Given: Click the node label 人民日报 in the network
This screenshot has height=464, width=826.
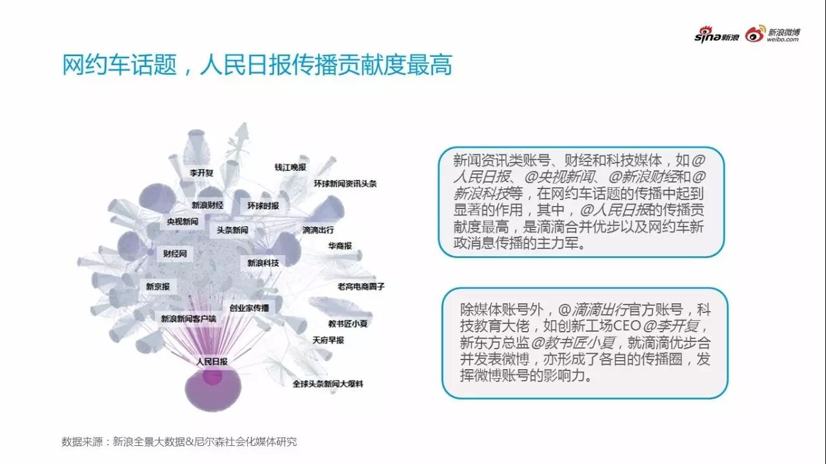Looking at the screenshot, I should (x=212, y=362).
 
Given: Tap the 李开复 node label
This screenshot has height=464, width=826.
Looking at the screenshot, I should (x=201, y=173).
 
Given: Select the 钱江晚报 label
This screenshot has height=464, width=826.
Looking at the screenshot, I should (x=290, y=167).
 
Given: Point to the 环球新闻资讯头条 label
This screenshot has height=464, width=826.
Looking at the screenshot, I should (x=345, y=183).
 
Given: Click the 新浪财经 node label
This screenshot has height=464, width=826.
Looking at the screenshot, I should (x=207, y=205).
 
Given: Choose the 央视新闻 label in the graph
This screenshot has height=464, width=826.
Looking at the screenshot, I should (x=182, y=221).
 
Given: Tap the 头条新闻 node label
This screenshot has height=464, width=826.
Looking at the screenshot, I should (x=232, y=230).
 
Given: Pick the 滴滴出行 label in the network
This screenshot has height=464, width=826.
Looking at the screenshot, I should (x=318, y=230).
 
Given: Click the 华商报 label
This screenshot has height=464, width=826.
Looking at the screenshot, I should (x=339, y=246).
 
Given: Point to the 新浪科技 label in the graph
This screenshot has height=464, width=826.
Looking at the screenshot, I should (x=263, y=263).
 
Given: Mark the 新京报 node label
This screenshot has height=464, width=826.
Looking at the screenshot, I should (x=157, y=287).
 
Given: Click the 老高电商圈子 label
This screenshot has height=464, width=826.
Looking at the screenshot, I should (x=360, y=287).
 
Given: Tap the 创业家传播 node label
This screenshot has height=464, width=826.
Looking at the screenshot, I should (x=249, y=308).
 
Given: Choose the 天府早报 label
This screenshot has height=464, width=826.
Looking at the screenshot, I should (x=328, y=339).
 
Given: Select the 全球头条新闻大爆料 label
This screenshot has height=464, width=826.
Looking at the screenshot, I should (x=328, y=384).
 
